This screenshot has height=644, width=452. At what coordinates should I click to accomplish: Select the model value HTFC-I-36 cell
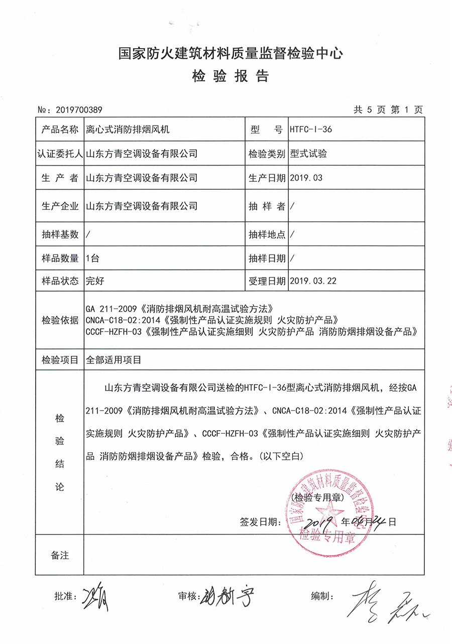(311, 130)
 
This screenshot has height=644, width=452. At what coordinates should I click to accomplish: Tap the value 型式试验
(308, 154)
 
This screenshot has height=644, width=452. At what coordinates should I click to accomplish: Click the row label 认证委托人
(60, 154)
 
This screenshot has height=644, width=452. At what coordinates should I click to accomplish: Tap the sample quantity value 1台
(93, 259)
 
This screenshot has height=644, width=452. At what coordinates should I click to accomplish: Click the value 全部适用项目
(114, 359)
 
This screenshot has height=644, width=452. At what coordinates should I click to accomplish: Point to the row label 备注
(60, 556)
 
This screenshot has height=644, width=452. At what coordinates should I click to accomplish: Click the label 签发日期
(260, 522)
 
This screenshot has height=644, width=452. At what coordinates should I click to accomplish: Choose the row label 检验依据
(60, 320)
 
